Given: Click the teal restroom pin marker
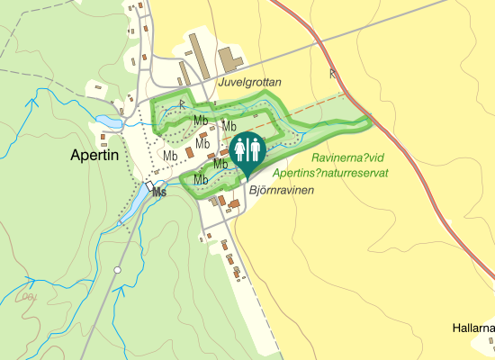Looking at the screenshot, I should coord(246,150).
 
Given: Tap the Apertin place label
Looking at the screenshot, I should coord(94,155).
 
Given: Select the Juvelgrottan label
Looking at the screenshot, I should coord(249,82).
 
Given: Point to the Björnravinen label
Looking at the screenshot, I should coord(282,191).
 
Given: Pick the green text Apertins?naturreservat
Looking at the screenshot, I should coord(330,172).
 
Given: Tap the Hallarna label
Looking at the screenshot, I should coord(473,328).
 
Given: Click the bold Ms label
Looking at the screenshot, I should coord(159,193).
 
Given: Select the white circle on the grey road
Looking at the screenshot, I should coord(117,270).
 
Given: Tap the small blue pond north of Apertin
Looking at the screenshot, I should coord(108,121).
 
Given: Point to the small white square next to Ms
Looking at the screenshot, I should coord(148,185).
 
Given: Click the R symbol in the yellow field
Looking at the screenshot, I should coord(333,73).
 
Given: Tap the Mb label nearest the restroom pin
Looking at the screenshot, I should coord(220,164).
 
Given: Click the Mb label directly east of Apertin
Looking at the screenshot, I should coord(170,155).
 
